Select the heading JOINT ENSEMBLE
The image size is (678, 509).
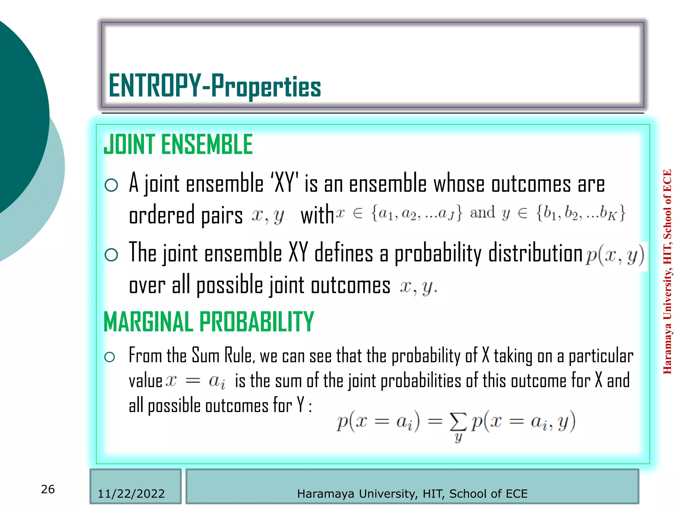point(178,145)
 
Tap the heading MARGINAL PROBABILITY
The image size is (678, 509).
point(209,322)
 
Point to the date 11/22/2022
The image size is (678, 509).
point(131,494)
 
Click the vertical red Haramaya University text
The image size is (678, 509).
point(667,272)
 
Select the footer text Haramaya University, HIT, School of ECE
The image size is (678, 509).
point(412,494)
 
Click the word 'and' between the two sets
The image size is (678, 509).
point(483,212)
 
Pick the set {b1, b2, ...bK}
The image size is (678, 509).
point(581,213)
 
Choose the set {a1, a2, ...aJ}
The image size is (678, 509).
point(416,213)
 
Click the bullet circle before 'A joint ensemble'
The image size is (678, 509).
point(111,185)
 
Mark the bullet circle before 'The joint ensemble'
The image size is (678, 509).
point(111,255)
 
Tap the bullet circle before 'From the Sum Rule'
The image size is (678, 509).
point(110,357)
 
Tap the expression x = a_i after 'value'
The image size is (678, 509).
point(195,381)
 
